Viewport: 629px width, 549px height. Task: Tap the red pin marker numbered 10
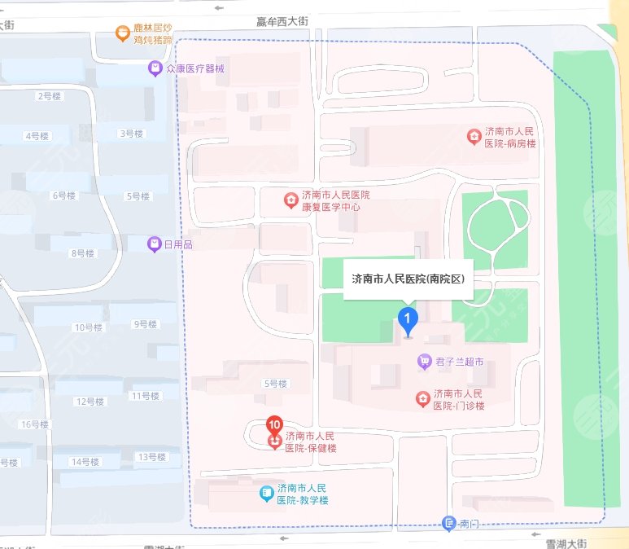point(275,425)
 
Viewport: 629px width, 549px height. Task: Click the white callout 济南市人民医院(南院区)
point(407,279)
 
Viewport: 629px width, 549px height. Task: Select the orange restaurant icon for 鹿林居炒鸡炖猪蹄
point(121,33)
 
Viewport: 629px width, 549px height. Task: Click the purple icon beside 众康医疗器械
point(154,68)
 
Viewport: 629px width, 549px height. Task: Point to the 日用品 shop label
point(177,244)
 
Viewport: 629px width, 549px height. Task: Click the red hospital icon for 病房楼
point(473,136)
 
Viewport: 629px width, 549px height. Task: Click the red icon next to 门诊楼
point(422,398)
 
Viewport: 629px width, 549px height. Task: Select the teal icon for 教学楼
point(266,493)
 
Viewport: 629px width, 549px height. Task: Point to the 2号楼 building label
point(49,96)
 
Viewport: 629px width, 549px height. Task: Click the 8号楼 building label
point(83,253)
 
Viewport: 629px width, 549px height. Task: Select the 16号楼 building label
point(35,424)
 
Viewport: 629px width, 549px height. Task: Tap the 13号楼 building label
point(151,456)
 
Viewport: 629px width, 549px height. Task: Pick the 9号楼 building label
point(145,324)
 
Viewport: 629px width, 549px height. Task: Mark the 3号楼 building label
point(131,134)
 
